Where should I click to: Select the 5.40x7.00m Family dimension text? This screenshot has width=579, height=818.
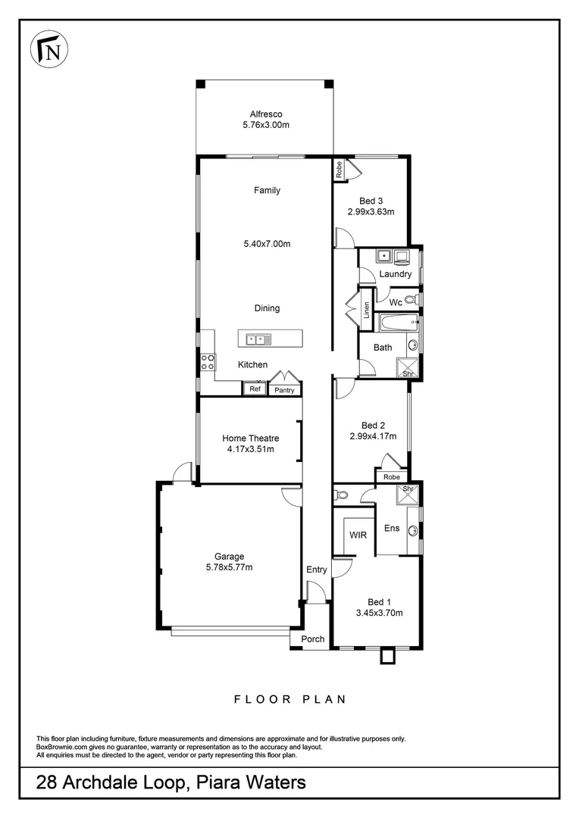click(267, 244)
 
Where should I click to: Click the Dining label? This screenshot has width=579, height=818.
click(267, 308)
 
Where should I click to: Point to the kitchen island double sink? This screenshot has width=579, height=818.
click(258, 340)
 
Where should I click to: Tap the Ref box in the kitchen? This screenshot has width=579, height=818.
click(255, 389)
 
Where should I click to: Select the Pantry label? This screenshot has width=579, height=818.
click(284, 390)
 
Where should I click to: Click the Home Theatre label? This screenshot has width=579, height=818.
click(250, 438)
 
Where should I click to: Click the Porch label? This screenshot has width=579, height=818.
click(313, 639)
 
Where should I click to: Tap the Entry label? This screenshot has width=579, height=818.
click(317, 570)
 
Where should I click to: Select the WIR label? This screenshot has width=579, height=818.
click(358, 535)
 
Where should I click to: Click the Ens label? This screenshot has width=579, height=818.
click(392, 528)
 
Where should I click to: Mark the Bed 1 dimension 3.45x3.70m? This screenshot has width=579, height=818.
click(379, 613)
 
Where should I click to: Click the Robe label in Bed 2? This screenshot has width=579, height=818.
click(391, 477)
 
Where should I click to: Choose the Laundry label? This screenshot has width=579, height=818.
click(395, 274)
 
